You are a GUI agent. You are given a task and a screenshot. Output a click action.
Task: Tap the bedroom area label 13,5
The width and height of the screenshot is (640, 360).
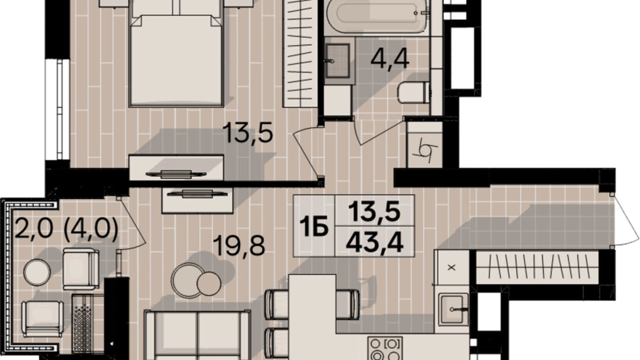[248, 133]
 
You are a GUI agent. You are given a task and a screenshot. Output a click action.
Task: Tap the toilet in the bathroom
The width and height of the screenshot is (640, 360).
[414, 92]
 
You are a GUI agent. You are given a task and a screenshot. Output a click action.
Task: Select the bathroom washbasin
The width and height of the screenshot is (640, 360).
[337, 61]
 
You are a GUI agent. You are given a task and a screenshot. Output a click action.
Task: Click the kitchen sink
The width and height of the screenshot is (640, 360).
[453, 309]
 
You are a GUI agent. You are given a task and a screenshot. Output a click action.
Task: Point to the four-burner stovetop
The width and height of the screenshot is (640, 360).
[385, 349]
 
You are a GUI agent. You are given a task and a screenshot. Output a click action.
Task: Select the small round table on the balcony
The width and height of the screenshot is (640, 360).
[37, 272]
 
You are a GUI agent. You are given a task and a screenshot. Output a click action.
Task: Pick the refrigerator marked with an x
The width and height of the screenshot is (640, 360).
[451, 267]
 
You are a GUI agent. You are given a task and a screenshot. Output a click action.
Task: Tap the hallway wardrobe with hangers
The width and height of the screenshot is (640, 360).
[537, 268]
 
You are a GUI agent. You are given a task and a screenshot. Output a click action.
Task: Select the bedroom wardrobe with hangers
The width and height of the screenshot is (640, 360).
[300, 53]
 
